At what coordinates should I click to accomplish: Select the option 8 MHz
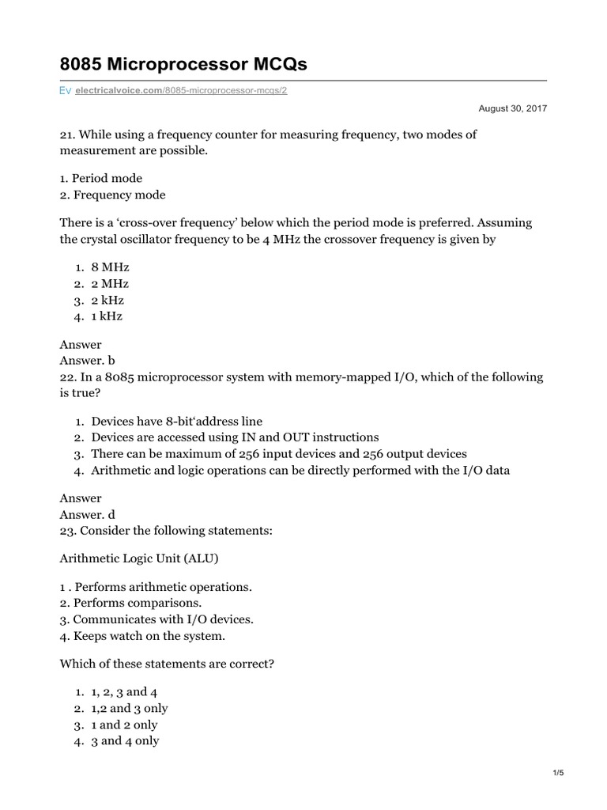click(110, 267)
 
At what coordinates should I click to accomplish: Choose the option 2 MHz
click(110, 284)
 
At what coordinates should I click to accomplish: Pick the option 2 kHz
click(107, 300)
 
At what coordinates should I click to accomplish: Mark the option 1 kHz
click(107, 316)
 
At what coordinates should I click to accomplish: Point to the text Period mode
click(101, 178)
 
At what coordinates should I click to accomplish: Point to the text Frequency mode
click(113, 195)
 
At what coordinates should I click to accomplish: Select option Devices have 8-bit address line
click(176, 421)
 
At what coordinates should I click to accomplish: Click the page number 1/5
click(557, 773)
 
